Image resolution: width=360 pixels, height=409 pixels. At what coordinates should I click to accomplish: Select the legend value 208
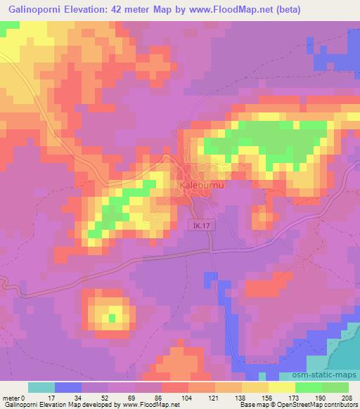coord(348,398)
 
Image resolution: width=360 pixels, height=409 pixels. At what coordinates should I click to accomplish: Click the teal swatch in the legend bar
coord(41,387)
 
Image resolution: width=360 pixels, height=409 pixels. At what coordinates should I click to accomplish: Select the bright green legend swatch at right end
coord(335,387)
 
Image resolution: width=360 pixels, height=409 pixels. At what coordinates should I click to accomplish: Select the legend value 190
coord(321,398)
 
